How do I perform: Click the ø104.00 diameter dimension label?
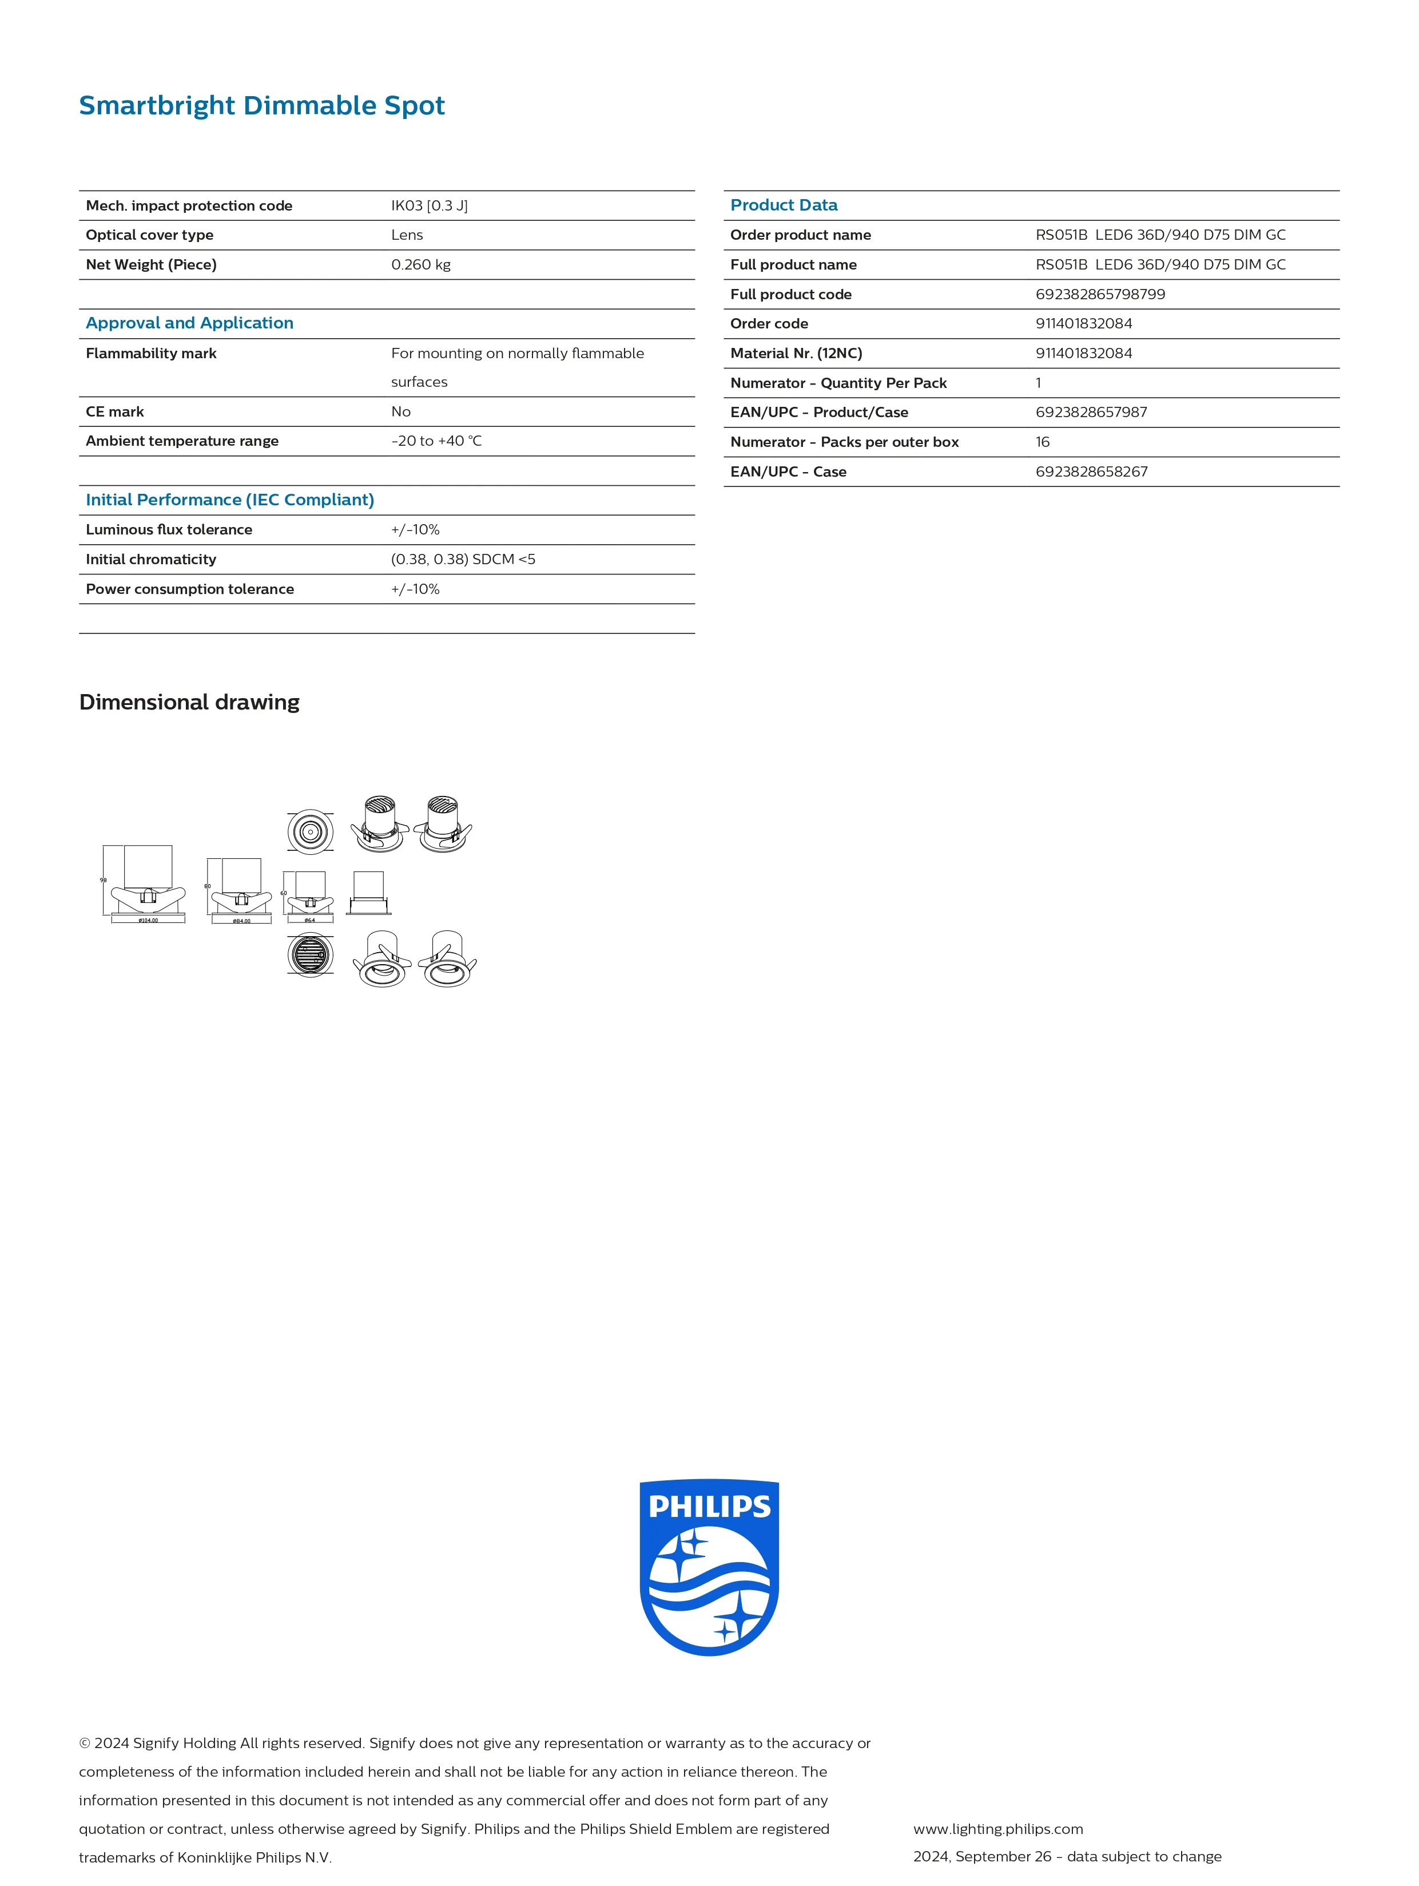click(x=148, y=921)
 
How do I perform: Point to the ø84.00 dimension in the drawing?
click(x=242, y=921)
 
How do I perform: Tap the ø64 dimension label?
click(x=309, y=921)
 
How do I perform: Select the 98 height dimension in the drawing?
click(x=103, y=880)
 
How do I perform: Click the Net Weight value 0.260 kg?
click(x=420, y=265)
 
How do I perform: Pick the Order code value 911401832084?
click(x=1083, y=324)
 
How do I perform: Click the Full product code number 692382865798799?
click(x=1099, y=294)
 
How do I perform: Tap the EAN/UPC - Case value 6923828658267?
click(x=1091, y=472)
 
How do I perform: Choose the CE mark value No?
click(x=400, y=412)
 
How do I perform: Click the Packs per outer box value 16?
click(x=1042, y=442)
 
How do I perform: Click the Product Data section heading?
click(x=783, y=205)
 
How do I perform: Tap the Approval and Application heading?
click(x=189, y=323)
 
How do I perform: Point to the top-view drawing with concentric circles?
click(x=310, y=831)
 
